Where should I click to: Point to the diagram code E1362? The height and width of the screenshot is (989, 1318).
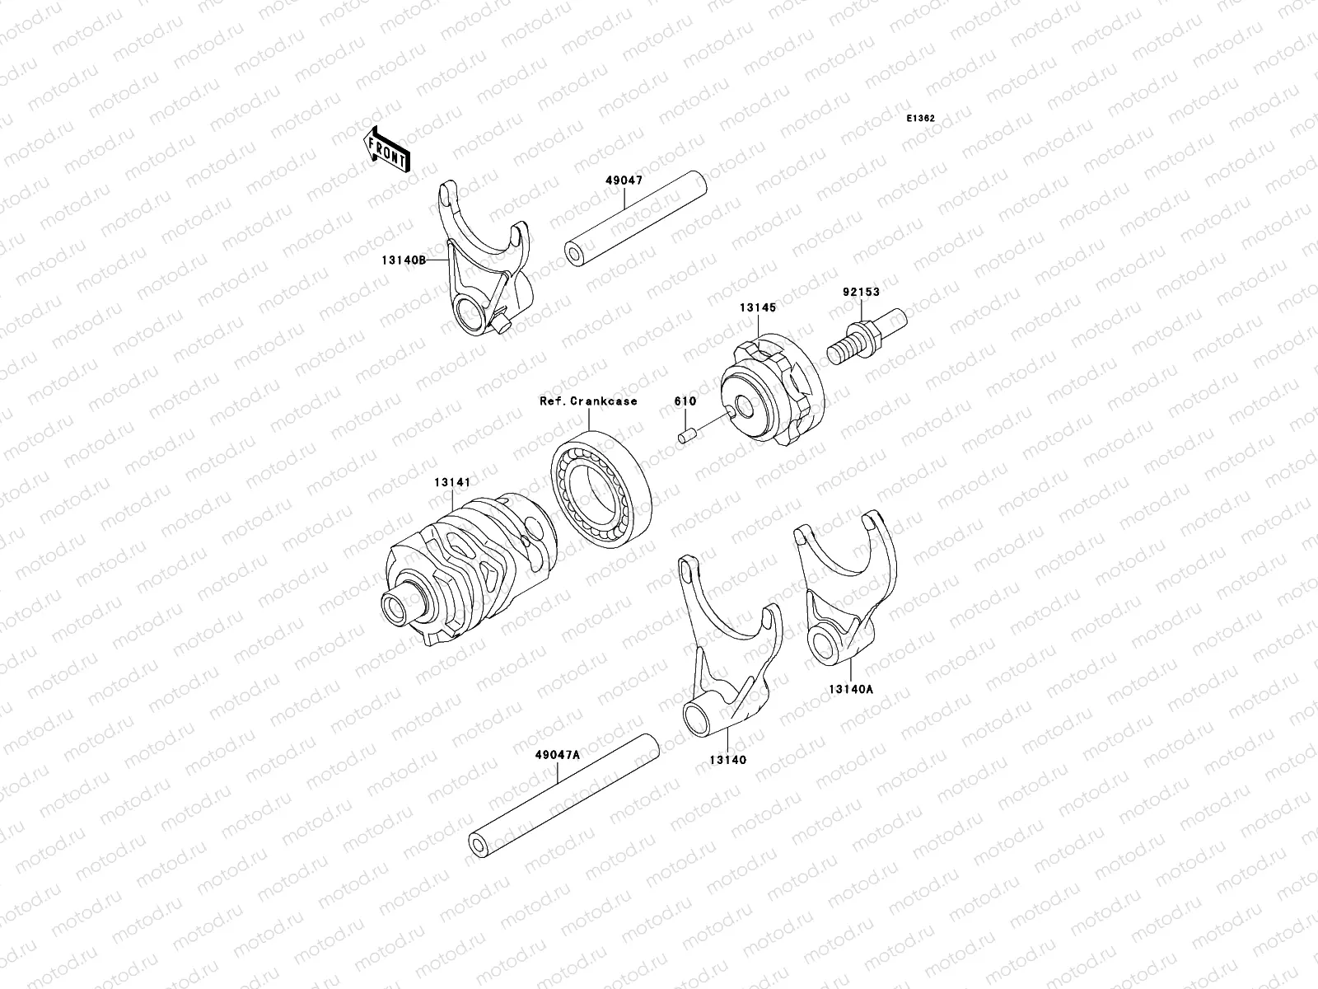click(920, 119)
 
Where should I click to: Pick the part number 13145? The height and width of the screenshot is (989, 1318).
click(757, 307)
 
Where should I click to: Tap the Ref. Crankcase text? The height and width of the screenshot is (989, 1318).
click(588, 401)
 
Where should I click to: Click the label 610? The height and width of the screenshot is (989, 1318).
click(685, 401)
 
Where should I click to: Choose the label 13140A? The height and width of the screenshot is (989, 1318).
click(850, 691)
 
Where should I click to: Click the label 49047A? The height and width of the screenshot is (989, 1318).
click(558, 753)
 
